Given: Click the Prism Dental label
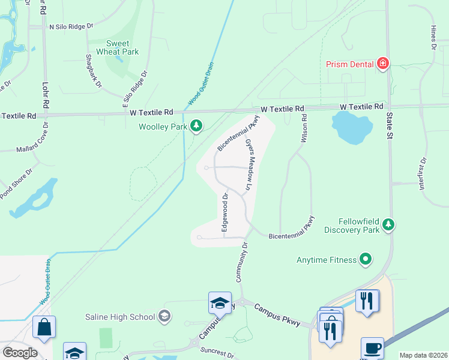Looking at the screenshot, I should [350, 64].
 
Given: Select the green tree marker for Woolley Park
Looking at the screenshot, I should [196, 125].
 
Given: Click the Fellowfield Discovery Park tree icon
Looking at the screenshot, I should [388, 224].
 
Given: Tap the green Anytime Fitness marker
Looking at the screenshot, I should [365, 260].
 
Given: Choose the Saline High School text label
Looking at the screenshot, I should [124, 316].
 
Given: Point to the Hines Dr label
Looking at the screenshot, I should [433, 37].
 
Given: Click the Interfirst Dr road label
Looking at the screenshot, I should [423, 174].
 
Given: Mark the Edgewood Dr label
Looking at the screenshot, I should [225, 213].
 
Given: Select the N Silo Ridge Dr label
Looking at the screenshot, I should [71, 26].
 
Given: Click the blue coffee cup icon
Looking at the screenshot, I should [372, 349].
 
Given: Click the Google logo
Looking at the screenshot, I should [20, 352].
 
